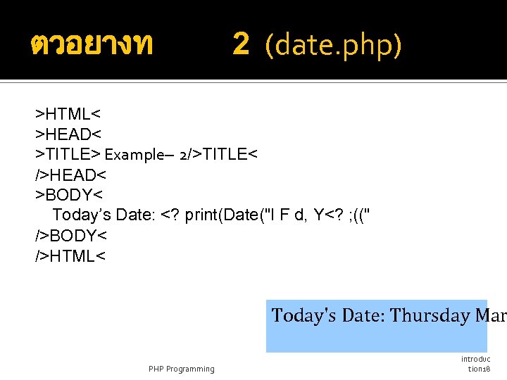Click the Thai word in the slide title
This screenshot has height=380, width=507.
point(92,46)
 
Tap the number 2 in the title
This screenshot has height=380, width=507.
point(241,45)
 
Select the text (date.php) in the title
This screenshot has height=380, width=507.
point(333,46)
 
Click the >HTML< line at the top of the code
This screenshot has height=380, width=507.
point(69,113)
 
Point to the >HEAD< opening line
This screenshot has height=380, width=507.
point(69,134)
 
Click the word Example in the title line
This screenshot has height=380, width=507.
point(134,155)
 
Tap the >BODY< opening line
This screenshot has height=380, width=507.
point(69,195)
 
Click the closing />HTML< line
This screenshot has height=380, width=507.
point(70,255)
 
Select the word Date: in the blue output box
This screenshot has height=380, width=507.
point(363,315)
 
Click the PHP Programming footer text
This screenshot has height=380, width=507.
point(182,369)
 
